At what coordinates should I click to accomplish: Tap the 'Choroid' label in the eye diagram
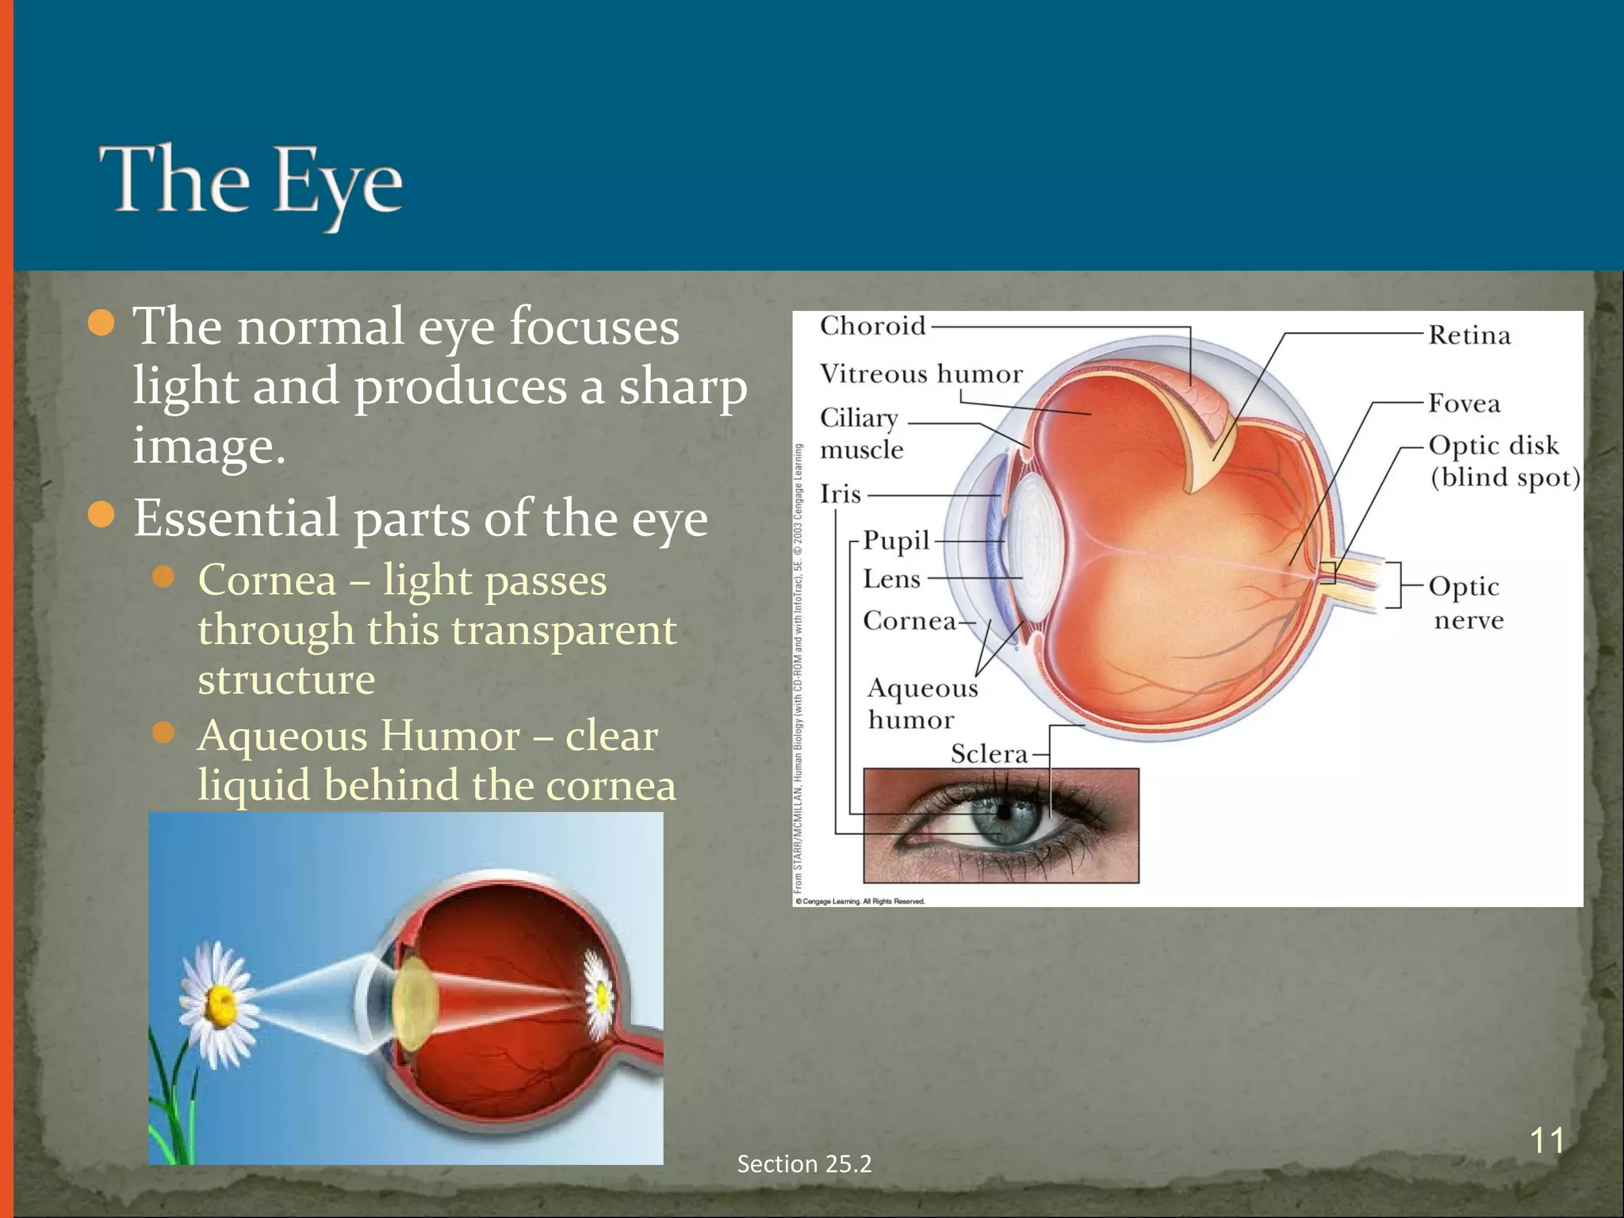pos(872,325)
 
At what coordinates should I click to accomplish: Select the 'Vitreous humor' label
pos(921,373)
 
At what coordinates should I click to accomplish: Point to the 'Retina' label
pos(1469,335)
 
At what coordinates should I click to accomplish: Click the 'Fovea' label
pos(1464,404)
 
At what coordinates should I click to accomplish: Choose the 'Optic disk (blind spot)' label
pos(1503,462)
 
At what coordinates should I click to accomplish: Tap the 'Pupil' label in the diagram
pos(896,541)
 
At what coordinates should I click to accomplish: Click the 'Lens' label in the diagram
pos(891,579)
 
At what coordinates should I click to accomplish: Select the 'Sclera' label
pos(989,753)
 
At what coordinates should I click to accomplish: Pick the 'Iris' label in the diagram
pos(840,494)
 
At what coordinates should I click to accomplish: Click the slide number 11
pos(1546,1140)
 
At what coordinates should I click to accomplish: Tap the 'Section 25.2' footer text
pos(804,1163)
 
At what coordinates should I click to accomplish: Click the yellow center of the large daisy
pos(220,1005)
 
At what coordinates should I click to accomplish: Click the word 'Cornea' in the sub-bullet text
pos(267,580)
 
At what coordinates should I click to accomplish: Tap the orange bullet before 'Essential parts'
pos(101,516)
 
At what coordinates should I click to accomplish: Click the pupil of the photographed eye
pos(1004,813)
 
